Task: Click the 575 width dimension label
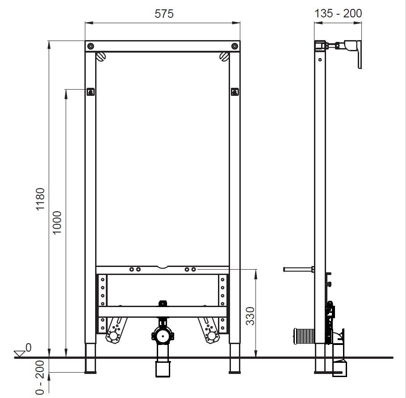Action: (x=164, y=13)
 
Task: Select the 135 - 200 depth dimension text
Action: (x=338, y=13)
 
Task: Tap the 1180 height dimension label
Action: (x=40, y=200)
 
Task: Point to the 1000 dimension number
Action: (x=57, y=223)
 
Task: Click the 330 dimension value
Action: (x=250, y=316)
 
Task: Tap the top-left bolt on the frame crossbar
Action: (x=91, y=46)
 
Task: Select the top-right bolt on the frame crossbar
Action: (x=234, y=46)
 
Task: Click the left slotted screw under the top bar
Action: (x=100, y=57)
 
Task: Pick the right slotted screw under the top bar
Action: (x=225, y=57)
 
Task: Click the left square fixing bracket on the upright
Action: (x=91, y=92)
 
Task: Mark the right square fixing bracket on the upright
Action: (x=234, y=92)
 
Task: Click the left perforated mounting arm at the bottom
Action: (x=115, y=332)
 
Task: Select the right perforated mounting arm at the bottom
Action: (x=209, y=332)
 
